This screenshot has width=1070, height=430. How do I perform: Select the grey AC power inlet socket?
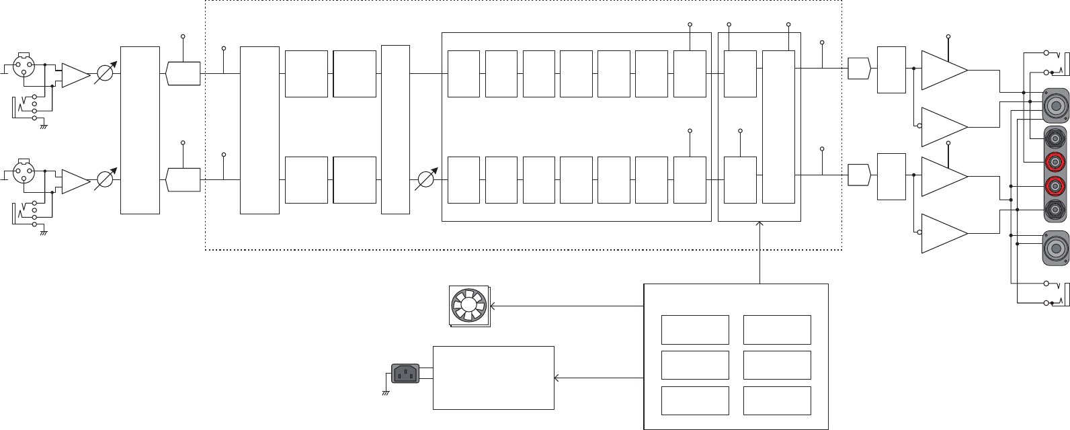click(x=405, y=373)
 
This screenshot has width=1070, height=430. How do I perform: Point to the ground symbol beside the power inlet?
click(x=386, y=392)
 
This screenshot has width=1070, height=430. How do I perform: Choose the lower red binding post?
click(x=1055, y=185)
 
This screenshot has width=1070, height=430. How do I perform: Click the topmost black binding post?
click(x=1055, y=138)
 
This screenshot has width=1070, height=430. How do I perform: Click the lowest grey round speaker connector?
click(x=1055, y=247)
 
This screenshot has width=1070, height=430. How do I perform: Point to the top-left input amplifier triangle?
click(x=75, y=75)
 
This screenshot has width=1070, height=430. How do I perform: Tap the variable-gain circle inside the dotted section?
click(x=425, y=180)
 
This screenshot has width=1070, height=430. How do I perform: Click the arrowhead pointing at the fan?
click(x=494, y=306)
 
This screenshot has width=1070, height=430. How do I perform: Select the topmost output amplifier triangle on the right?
click(x=942, y=70)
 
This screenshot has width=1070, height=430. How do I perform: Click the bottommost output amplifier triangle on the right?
click(x=942, y=234)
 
